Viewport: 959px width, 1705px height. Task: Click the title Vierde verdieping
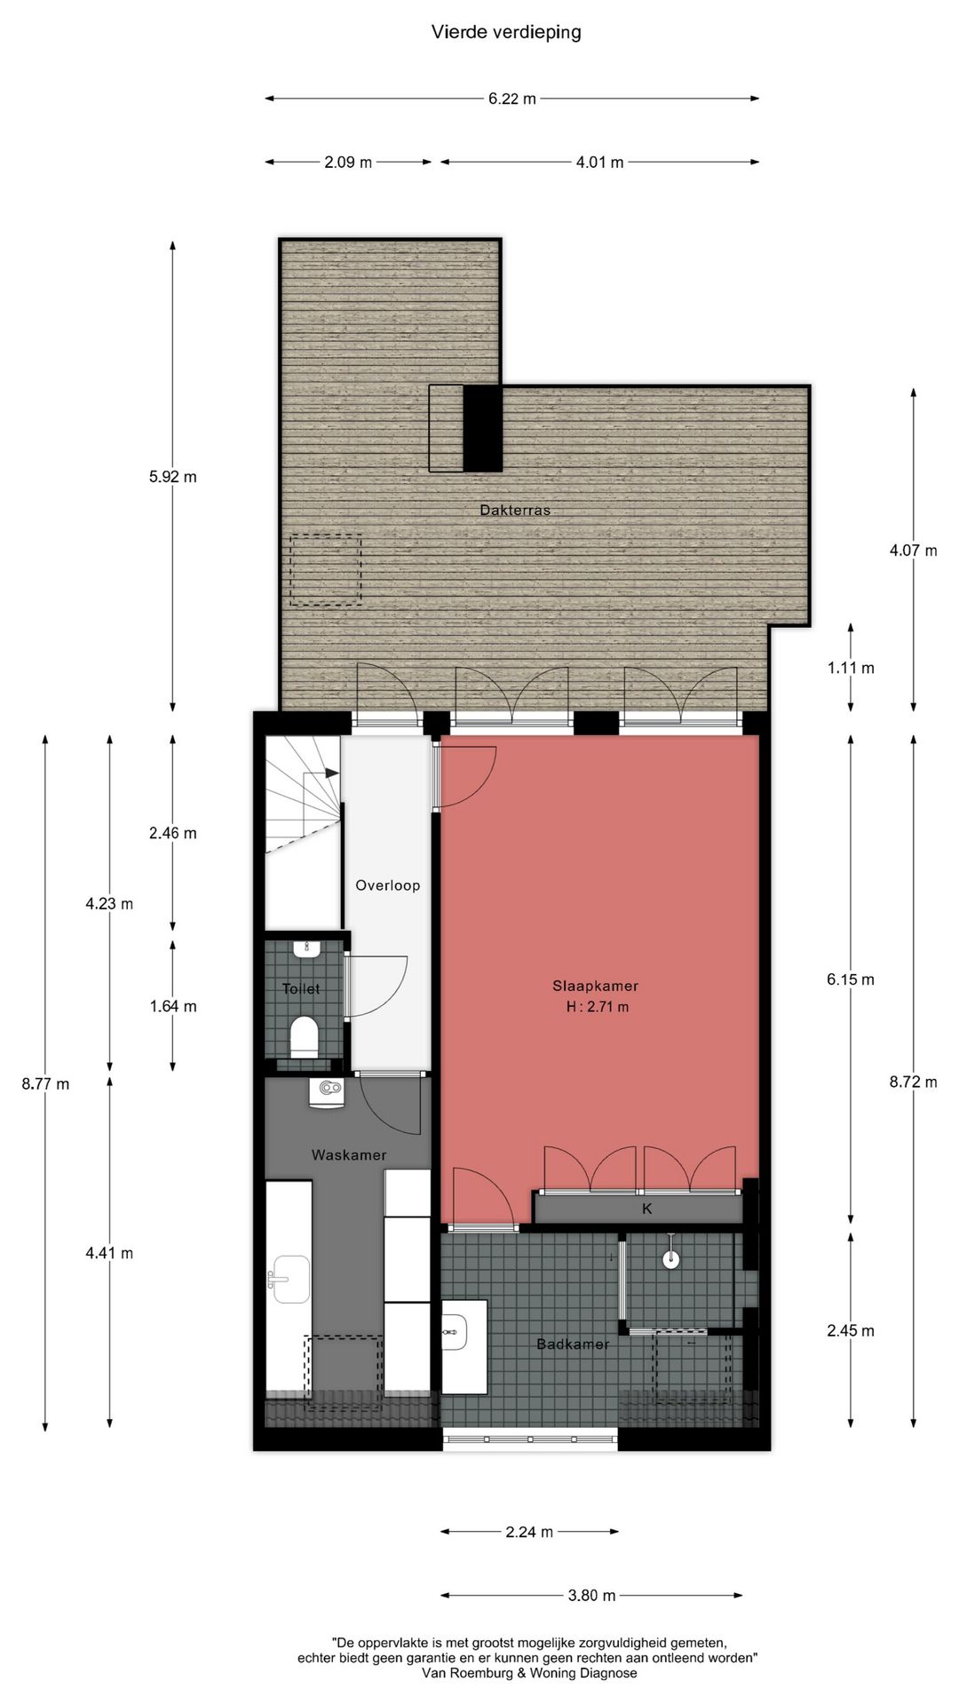coord(506,32)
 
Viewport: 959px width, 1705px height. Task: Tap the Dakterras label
coord(515,511)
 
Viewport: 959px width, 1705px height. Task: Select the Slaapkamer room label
coord(595,986)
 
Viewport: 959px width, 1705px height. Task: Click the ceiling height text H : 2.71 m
coord(597,1007)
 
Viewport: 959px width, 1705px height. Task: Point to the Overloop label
coord(387,885)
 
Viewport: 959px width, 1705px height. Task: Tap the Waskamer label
coord(349,1155)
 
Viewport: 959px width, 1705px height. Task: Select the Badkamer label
coord(573,1344)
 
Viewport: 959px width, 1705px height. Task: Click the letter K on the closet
coord(647,1209)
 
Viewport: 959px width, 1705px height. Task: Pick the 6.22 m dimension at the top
coord(512,99)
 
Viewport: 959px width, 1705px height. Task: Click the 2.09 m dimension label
coord(348,162)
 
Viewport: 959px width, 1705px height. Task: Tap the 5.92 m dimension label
coord(173,477)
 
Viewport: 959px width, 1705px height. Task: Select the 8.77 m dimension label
coord(45,1083)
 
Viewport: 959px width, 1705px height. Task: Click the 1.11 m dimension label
coord(851,668)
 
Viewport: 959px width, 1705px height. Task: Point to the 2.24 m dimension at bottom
coord(529,1532)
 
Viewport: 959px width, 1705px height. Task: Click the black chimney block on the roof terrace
coord(483,428)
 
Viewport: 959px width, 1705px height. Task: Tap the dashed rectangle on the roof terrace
coord(326,569)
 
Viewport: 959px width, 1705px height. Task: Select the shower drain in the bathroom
coord(671,1257)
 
